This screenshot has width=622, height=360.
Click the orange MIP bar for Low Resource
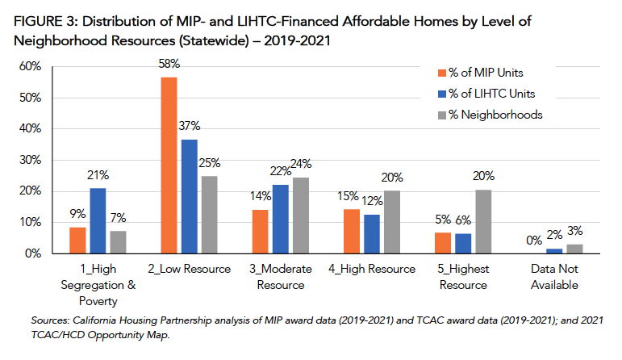pyautogui.click(x=169, y=165)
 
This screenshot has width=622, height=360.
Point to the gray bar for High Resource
pyautogui.click(x=392, y=222)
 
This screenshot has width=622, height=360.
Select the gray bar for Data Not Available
pyautogui.click(x=574, y=249)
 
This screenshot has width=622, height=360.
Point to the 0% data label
pyautogui.click(x=532, y=240)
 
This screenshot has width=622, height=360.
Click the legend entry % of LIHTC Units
pyautogui.click(x=491, y=93)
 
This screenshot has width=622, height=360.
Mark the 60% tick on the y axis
pyautogui.click(x=30, y=66)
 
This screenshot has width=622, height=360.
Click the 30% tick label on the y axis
pyautogui.click(x=30, y=160)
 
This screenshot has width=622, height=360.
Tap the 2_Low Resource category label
pyautogui.click(x=190, y=269)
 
